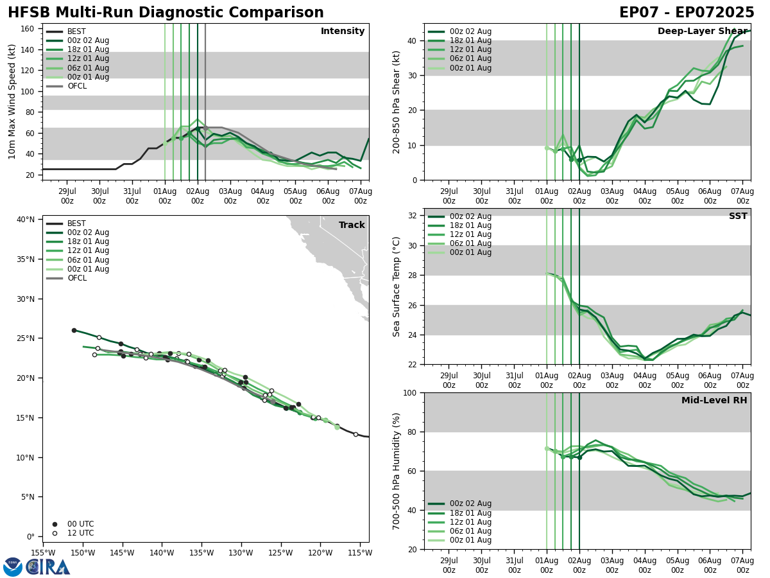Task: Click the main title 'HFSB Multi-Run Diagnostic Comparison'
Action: (166, 13)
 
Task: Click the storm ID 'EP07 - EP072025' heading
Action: (687, 13)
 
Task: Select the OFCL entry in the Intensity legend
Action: (78, 86)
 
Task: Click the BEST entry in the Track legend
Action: (76, 223)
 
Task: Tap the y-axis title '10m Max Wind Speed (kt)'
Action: (12, 101)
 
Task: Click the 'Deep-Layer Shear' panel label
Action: (702, 31)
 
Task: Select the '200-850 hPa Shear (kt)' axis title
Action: (397, 101)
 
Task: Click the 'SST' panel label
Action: (738, 216)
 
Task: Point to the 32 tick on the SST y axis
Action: (414, 216)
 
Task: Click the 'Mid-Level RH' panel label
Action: (714, 401)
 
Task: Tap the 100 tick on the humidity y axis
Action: (411, 392)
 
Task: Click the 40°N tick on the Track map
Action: (26, 220)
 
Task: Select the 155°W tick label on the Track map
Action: (43, 552)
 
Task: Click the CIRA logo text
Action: (49, 566)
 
